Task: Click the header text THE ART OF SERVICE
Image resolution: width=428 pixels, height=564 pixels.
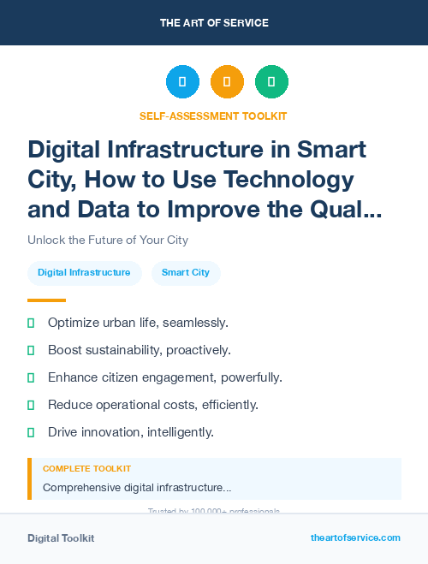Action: click(x=213, y=22)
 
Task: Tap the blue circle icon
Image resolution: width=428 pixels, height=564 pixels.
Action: click(x=182, y=81)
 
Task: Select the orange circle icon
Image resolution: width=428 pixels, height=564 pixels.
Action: click(x=227, y=81)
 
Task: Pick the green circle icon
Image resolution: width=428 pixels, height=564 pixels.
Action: click(x=271, y=81)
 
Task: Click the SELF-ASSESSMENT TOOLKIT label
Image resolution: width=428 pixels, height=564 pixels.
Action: click(x=213, y=116)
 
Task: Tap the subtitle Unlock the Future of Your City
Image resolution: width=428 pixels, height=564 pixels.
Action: click(x=107, y=240)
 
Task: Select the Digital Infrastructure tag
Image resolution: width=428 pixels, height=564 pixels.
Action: click(x=84, y=273)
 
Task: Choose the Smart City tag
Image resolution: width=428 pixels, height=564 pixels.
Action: click(x=186, y=273)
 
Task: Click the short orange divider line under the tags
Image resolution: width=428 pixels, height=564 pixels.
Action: click(x=46, y=300)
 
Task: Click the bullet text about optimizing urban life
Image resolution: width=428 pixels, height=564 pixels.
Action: click(x=138, y=323)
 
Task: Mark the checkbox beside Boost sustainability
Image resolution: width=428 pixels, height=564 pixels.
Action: click(x=31, y=350)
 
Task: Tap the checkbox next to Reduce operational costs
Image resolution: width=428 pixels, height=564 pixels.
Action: click(x=31, y=405)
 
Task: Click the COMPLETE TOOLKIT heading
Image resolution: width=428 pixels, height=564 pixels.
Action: click(x=86, y=469)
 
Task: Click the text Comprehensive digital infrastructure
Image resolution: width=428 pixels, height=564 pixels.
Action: click(x=137, y=488)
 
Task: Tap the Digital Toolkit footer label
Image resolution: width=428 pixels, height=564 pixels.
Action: click(x=61, y=538)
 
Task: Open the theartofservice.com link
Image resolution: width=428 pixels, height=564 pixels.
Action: click(x=355, y=537)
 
